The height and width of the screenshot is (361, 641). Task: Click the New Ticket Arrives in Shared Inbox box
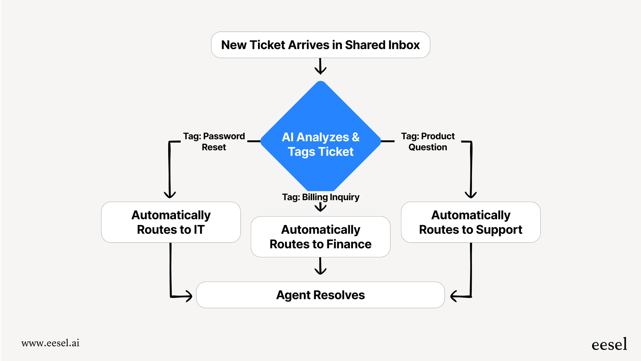(320, 45)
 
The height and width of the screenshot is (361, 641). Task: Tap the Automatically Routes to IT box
(171, 222)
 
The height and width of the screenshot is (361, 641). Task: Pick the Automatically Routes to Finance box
(320, 236)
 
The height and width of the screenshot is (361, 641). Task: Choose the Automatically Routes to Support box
(470, 222)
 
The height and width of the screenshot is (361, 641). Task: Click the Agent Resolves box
(320, 295)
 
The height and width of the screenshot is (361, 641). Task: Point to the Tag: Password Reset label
(214, 141)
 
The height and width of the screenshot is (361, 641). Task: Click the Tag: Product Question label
(428, 141)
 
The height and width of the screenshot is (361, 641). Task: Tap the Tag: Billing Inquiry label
(320, 197)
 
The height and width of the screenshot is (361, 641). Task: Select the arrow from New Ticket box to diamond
(320, 66)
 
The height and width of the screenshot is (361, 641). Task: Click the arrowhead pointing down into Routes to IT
(170, 194)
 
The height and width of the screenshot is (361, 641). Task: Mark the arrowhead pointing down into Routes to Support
(471, 194)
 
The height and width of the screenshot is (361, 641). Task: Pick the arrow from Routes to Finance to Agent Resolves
(320, 266)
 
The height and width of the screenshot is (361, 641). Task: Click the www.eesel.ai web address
(50, 343)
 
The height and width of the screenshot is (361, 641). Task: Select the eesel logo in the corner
(609, 345)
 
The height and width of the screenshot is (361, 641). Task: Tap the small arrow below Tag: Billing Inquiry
(320, 207)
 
